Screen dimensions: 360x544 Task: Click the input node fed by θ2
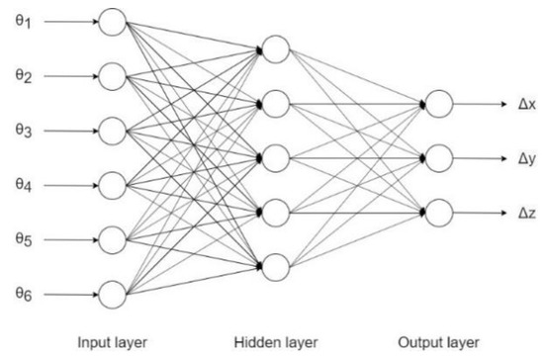coord(113,74)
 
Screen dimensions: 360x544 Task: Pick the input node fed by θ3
coord(113,130)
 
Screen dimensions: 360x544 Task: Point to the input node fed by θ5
coord(113,239)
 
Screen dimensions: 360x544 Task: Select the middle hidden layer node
coord(275,156)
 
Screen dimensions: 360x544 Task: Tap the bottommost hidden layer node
coord(275,265)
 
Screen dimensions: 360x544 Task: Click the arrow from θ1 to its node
coord(67,19)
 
